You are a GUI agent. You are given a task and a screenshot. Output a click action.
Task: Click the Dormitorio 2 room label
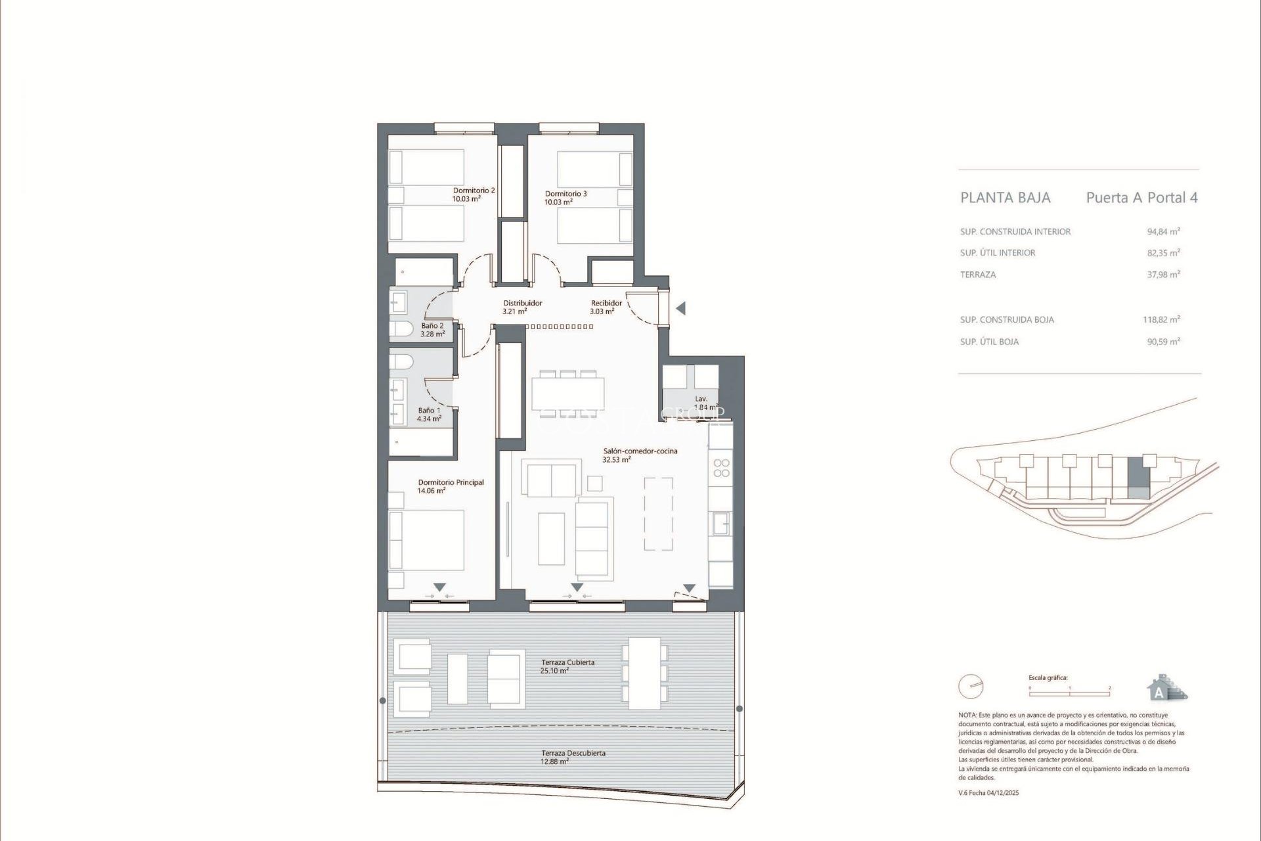[x=474, y=194]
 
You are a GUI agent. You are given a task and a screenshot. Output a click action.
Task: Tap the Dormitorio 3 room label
[x=565, y=198]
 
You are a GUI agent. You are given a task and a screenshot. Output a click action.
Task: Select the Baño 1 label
[x=429, y=415]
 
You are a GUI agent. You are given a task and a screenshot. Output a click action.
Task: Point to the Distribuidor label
[x=522, y=307]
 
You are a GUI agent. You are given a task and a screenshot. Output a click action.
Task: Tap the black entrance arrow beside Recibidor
[x=681, y=307]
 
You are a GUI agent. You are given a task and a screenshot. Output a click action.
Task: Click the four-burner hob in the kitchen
[x=721, y=468]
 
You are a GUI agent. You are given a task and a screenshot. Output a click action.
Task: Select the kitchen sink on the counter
[x=720, y=524]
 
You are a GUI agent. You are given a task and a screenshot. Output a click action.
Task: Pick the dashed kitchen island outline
[x=658, y=514]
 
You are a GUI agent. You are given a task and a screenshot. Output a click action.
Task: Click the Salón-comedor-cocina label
[x=640, y=455]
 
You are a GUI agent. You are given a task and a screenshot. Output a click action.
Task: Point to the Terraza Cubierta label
[x=567, y=666]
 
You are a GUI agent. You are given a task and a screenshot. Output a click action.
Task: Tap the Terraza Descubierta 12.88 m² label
[x=573, y=757]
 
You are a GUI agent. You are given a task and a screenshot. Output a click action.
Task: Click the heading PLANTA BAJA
[x=1005, y=198]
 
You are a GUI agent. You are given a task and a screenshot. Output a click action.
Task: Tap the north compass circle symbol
[x=971, y=687]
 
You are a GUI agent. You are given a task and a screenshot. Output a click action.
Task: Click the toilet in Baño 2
[x=401, y=328]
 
